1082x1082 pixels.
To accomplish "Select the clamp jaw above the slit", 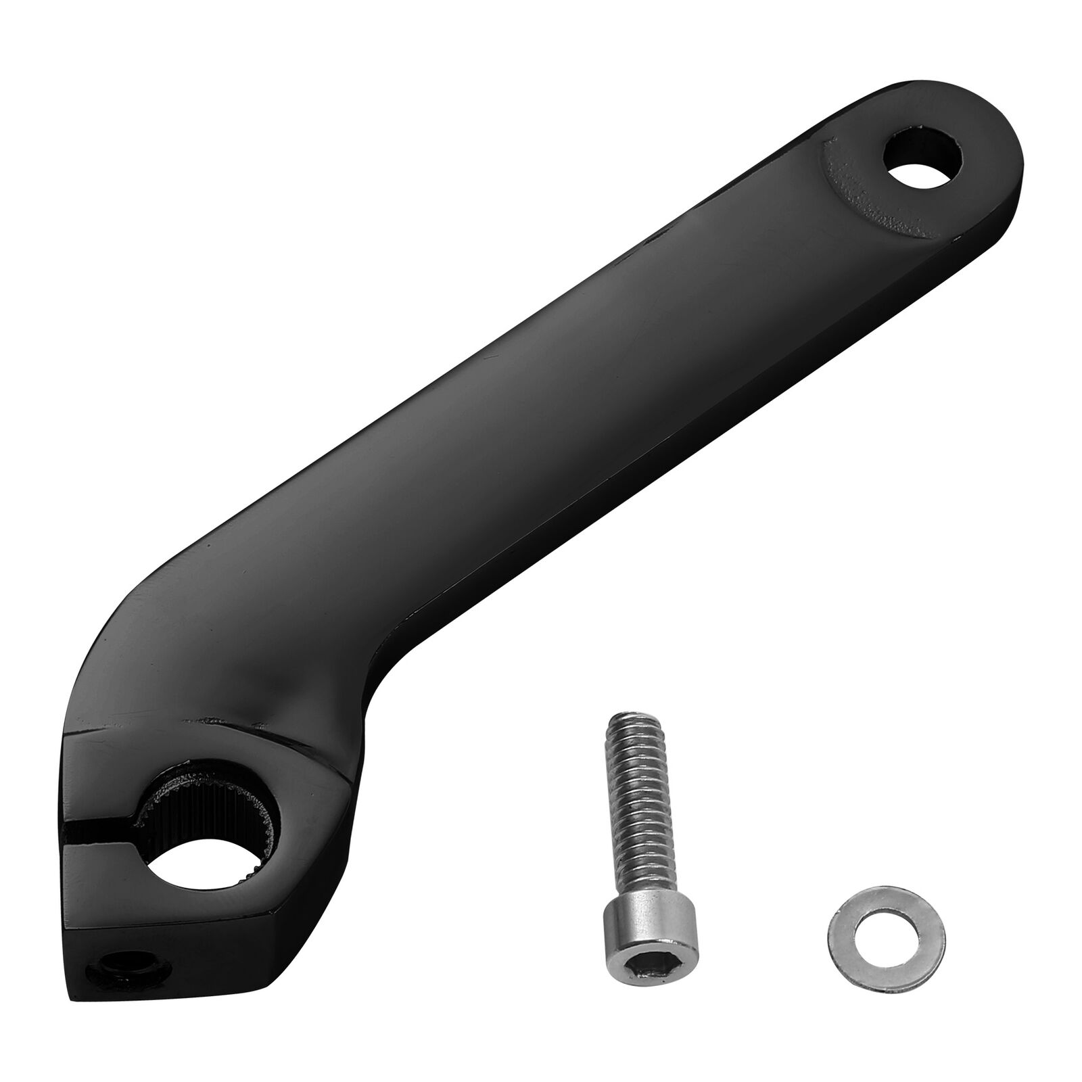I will [101, 778].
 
